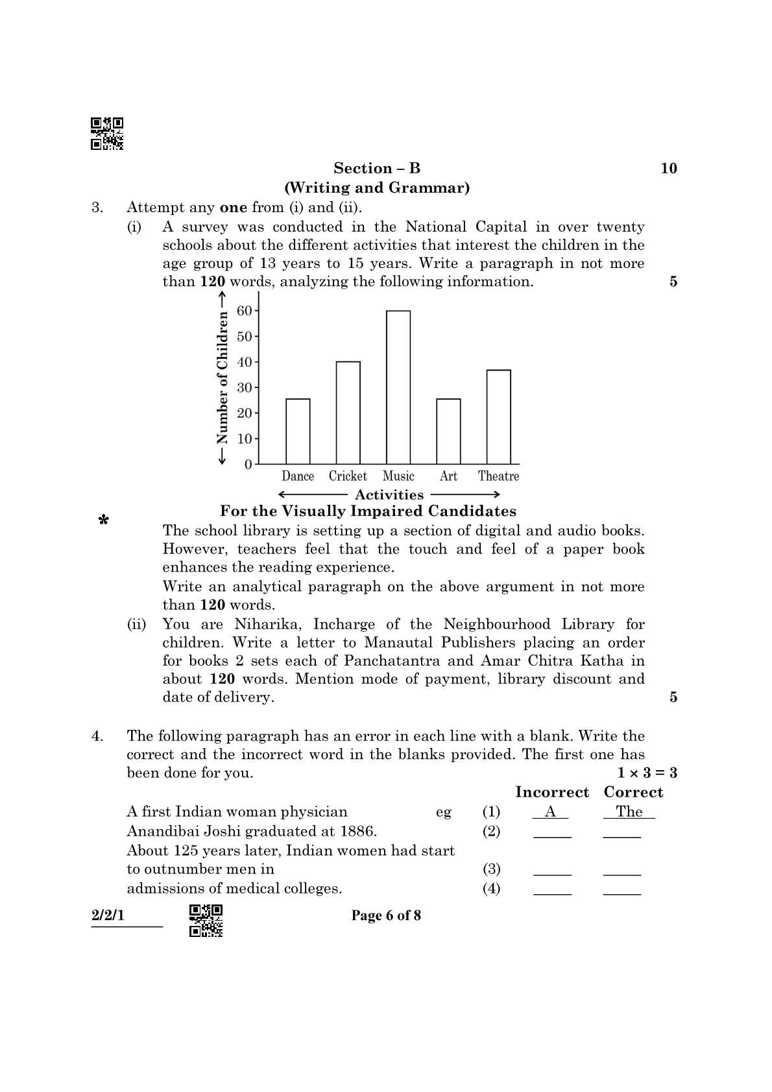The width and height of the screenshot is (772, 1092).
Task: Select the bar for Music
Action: tap(398, 387)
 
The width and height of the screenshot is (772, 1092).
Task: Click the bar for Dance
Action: tap(298, 431)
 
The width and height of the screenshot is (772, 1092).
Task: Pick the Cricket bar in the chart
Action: tap(348, 413)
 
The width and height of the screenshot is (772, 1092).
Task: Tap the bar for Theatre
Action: tap(498, 417)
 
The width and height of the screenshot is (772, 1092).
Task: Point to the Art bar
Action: tap(448, 431)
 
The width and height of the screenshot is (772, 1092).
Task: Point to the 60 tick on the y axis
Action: tap(245, 311)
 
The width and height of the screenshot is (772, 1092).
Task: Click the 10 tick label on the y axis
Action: tap(245, 439)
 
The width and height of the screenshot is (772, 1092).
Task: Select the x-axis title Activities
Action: tap(389, 494)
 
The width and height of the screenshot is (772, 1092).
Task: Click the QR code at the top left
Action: tap(107, 134)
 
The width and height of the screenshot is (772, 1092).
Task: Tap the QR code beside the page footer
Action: tap(206, 920)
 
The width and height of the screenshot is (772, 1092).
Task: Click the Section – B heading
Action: tap(377, 169)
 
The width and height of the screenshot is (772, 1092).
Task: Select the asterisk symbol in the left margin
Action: tap(103, 520)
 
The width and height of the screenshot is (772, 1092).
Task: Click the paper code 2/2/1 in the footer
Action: tap(108, 916)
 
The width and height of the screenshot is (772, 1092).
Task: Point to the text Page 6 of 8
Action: tap(386, 916)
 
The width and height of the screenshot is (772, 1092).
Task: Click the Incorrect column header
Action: tap(551, 792)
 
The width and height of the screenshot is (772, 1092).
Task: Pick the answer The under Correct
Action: tap(629, 812)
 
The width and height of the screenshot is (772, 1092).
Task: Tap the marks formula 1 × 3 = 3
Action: tap(647, 773)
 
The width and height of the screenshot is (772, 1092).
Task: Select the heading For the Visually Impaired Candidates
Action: tap(368, 511)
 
